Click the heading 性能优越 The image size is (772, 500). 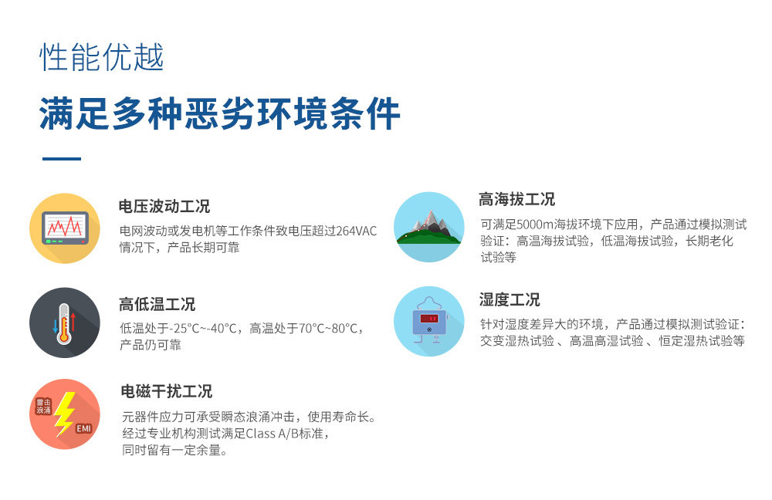101,57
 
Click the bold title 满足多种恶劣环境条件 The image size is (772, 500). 219,113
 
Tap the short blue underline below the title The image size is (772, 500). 62,158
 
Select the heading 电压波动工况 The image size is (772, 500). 164,206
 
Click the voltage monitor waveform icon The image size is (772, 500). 65,228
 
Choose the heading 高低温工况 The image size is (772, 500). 157,304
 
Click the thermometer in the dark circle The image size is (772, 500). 63,323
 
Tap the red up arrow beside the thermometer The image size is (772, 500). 73,322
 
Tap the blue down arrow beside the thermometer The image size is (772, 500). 55,326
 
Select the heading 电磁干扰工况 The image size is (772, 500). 167,391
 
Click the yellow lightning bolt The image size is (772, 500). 64,414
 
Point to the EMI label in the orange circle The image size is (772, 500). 83,429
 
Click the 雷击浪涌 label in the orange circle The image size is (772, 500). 43,407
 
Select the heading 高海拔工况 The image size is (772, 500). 516,199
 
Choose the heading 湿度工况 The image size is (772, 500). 509,299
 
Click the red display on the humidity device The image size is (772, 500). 428,319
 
